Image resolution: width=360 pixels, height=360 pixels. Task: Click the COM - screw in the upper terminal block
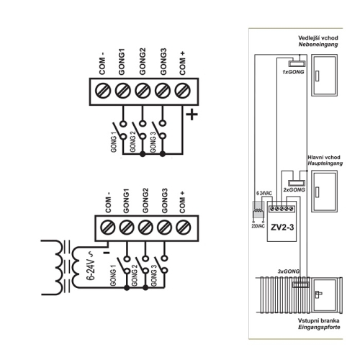103,91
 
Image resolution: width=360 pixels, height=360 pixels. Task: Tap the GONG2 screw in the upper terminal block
143,91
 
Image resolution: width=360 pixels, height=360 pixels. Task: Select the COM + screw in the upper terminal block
182,91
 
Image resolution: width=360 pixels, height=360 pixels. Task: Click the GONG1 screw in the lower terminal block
127,228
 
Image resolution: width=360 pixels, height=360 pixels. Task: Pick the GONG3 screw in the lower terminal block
165,228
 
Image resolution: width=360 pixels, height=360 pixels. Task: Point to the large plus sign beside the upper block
192,114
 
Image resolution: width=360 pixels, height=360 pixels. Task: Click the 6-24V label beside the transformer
91,266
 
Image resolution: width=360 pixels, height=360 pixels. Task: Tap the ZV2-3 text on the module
282,227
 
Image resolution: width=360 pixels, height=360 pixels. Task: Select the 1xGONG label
293,72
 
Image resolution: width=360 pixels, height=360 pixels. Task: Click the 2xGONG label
294,189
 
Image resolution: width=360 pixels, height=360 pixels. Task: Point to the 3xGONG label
289,271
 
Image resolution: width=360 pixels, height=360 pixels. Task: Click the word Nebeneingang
318,45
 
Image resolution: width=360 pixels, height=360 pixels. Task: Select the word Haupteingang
325,163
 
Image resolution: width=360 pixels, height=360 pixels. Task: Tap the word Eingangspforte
319,328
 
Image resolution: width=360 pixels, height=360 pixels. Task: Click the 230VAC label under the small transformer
258,226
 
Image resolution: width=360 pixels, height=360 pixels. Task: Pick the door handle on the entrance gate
318,294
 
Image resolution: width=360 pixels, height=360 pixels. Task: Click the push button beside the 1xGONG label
297,63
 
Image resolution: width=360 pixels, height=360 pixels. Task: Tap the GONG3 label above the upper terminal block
163,62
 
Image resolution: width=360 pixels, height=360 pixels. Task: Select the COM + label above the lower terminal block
182,202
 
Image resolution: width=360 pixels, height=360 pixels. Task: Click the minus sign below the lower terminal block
107,253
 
